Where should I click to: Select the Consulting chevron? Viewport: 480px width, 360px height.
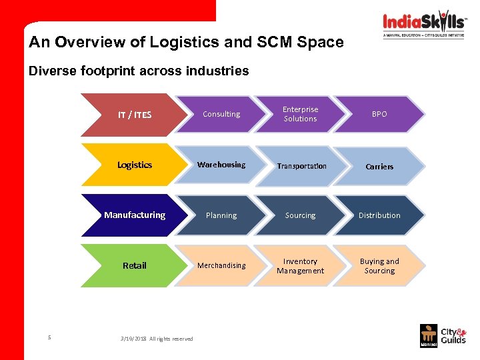pos(221,115)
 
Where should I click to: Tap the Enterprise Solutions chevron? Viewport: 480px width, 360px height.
pos(301,114)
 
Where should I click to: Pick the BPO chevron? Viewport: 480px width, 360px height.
pos(379,115)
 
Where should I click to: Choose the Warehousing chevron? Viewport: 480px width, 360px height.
pos(221,165)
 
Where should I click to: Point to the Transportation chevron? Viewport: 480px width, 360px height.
pos(301,166)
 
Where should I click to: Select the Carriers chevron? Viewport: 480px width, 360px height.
pos(379,166)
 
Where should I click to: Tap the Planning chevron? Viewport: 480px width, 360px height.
pos(221,215)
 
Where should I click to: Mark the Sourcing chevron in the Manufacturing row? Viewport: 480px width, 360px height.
pos(301,215)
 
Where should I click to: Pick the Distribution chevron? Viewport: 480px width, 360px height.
pos(379,215)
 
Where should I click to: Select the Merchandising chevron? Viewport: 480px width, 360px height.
pos(221,265)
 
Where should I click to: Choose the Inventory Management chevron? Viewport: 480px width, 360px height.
pos(301,266)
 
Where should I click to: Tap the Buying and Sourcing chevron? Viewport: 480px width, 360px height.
pos(379,266)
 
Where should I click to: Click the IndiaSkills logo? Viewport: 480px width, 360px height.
pos(425,24)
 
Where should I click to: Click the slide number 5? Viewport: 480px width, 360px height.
pos(49,337)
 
